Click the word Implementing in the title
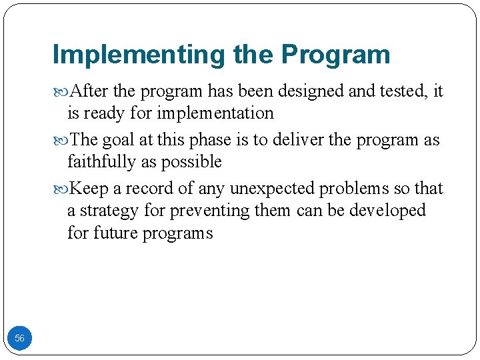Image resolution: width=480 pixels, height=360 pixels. pos(139,55)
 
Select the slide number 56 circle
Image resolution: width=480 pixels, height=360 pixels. pos(19,338)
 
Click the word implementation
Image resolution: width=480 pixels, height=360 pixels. pos(215,113)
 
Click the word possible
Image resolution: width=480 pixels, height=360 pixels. pos(193,162)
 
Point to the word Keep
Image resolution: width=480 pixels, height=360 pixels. pos(89,189)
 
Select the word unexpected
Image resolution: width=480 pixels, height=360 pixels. pos(273,189)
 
